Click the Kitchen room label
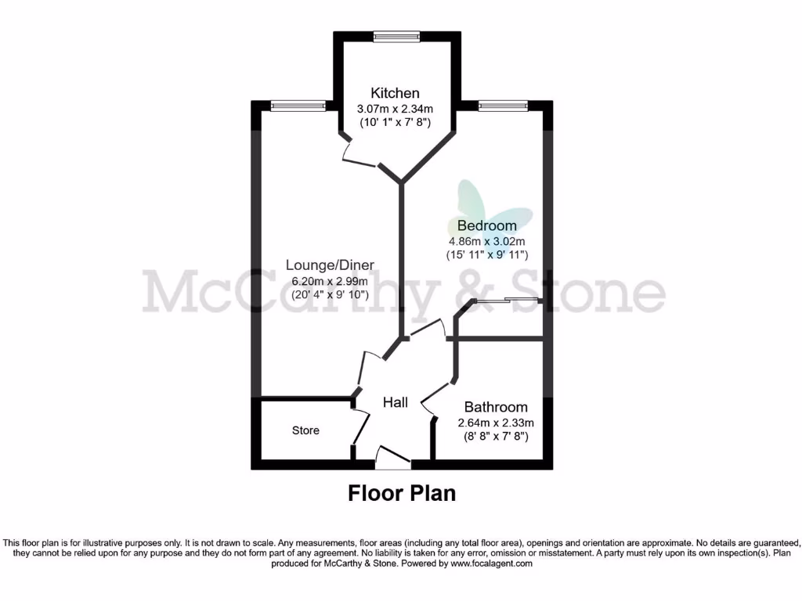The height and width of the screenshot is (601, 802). tap(396, 93)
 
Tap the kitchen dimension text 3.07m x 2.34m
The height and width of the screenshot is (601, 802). tap(396, 108)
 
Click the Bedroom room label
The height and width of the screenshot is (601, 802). tap(486, 226)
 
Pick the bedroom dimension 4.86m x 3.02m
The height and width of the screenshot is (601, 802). tap(486, 241)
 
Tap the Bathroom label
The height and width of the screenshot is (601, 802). tap(495, 407)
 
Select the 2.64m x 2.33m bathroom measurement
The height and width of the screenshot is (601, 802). tap(495, 423)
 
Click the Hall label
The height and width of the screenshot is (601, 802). tap(395, 402)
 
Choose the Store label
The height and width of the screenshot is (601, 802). tap(305, 430)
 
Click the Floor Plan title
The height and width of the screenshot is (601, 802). tap(401, 493)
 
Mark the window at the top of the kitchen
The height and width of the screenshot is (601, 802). tap(396, 36)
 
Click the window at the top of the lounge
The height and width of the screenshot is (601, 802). tap(298, 105)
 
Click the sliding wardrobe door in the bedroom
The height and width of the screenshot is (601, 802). tap(508, 300)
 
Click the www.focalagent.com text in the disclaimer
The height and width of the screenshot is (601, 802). tap(490, 563)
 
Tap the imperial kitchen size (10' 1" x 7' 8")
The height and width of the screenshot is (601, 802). tap(396, 122)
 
